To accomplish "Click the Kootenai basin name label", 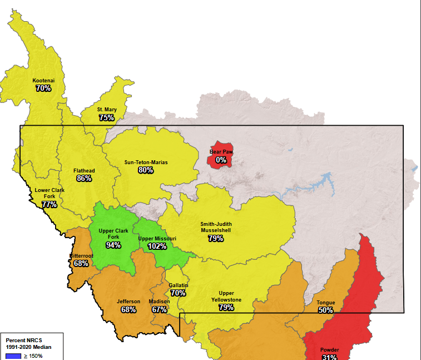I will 43,80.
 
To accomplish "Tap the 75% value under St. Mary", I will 107,117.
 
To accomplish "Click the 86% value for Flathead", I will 85,178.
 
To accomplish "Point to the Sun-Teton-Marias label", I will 146,162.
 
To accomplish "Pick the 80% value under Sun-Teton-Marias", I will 146,170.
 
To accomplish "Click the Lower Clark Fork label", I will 49,193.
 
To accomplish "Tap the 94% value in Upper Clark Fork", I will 113,245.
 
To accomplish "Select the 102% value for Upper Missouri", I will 157,246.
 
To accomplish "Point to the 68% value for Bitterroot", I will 81,263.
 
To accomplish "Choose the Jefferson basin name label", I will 128,302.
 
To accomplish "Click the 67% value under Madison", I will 159,309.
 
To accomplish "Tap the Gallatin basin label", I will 179,285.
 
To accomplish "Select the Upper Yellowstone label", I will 226,297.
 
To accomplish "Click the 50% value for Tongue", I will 325,310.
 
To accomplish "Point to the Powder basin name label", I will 329,350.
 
